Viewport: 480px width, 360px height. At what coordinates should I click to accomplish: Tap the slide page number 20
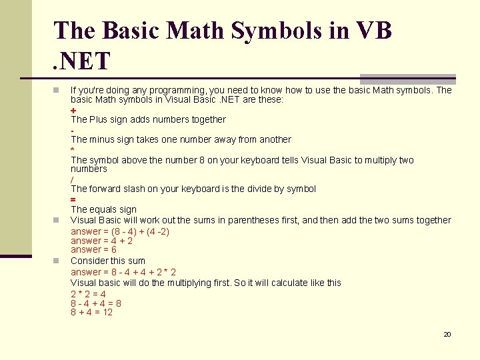pyautogui.click(x=447, y=334)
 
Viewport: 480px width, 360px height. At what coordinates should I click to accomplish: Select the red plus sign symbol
pyautogui.click(x=73, y=110)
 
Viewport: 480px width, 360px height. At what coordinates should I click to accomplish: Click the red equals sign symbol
pyautogui.click(x=73, y=199)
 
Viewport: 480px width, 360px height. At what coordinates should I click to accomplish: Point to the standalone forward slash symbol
pyautogui.click(x=72, y=179)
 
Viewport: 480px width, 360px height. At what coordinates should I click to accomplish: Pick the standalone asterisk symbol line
pyautogui.click(x=73, y=150)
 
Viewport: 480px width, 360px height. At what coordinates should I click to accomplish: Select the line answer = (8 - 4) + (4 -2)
pyautogui.click(x=120, y=231)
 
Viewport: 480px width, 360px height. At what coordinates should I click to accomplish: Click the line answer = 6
pyautogui.click(x=93, y=249)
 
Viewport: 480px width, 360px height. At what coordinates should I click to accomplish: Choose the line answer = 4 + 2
pyautogui.click(x=101, y=241)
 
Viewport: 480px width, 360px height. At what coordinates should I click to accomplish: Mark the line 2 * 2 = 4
pyautogui.click(x=88, y=294)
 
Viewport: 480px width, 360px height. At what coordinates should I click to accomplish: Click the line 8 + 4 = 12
pyautogui.click(x=92, y=312)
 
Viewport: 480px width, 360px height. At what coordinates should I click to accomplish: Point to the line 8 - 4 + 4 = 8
pyautogui.click(x=96, y=303)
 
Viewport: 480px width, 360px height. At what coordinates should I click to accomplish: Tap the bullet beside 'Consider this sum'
pyautogui.click(x=57, y=261)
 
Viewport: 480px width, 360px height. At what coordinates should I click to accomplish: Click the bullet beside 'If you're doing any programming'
pyautogui.click(x=57, y=90)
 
